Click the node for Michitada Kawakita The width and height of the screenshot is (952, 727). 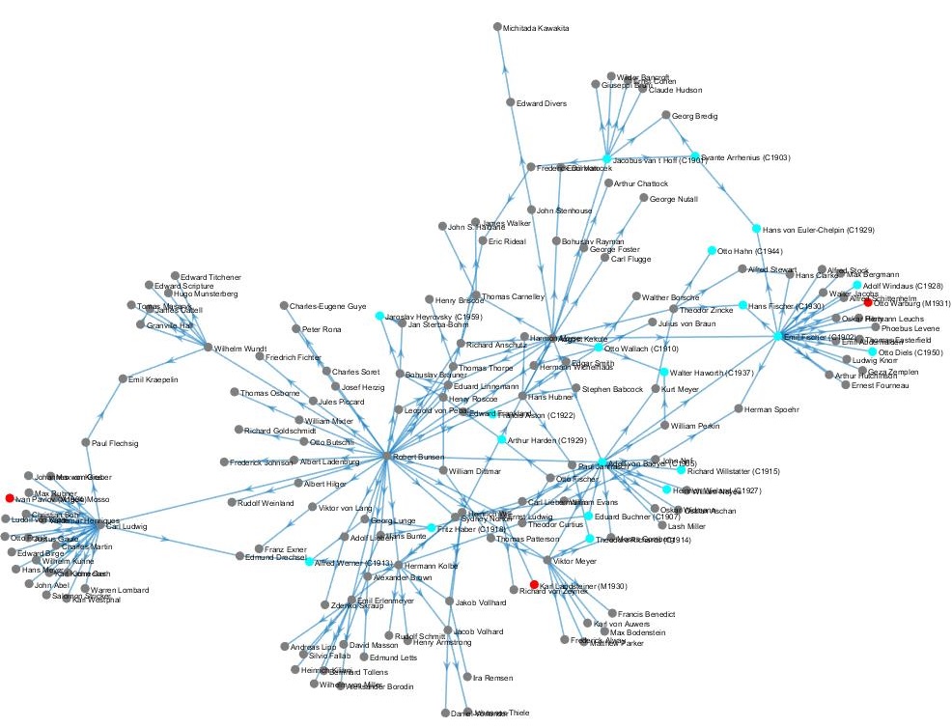[497, 27]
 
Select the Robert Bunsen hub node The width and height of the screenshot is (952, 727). [386, 456]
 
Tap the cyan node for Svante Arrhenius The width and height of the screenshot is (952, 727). [694, 155]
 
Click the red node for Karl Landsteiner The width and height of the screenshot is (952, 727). [534, 584]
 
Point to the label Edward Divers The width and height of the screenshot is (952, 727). [542, 103]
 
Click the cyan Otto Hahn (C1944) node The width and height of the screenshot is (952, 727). [712, 251]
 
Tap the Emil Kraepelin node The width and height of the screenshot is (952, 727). [122, 378]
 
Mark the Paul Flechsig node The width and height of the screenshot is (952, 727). [85, 442]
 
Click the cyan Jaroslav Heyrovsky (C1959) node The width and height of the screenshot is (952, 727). [379, 316]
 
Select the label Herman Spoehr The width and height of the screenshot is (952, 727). [771, 410]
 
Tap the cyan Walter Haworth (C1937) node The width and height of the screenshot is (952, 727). [663, 372]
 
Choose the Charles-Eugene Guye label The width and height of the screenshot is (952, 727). [328, 307]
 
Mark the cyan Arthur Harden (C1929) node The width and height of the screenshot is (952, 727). [501, 439]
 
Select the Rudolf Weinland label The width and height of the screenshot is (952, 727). [266, 502]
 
